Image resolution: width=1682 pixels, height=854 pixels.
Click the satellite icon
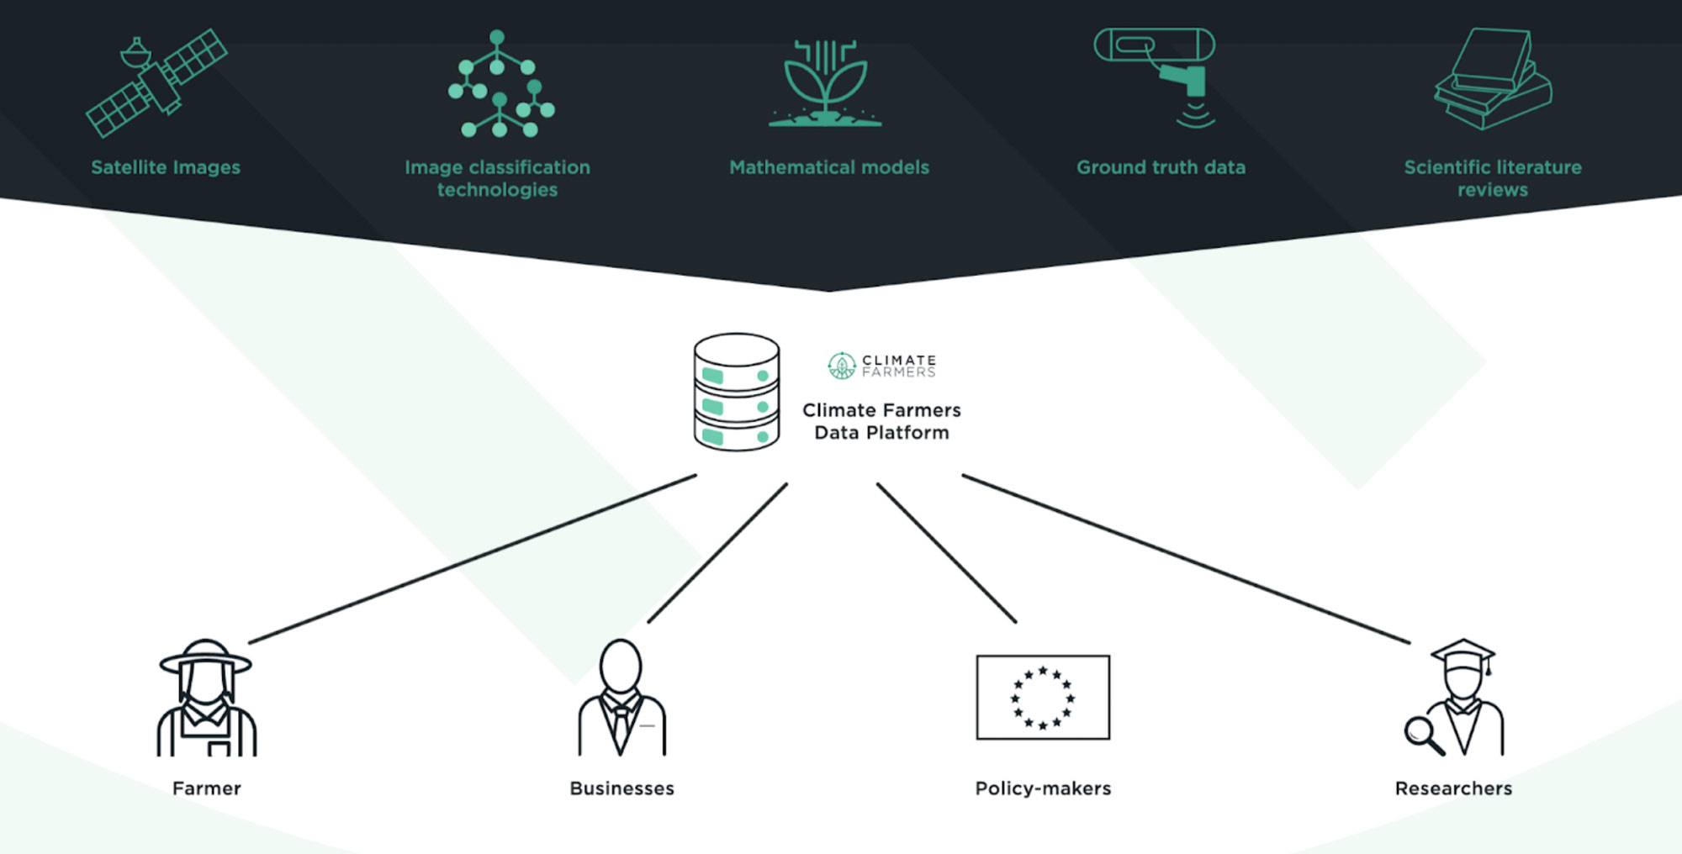[x=156, y=83]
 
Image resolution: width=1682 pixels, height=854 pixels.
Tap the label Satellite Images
[x=166, y=167]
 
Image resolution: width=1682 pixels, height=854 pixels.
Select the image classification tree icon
[x=500, y=84]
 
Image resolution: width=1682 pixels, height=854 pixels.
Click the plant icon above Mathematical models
[x=826, y=84]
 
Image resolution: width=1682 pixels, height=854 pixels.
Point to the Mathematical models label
[x=829, y=167]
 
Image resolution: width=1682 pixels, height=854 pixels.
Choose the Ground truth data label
[x=1161, y=167]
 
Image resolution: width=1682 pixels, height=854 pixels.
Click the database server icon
[x=737, y=392]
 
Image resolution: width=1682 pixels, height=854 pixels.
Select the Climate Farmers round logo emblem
[x=841, y=366]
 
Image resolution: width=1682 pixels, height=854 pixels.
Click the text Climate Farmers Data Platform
[x=881, y=421]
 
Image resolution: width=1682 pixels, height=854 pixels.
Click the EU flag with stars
[x=1043, y=698]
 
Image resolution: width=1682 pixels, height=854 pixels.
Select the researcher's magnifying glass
[x=1420, y=732]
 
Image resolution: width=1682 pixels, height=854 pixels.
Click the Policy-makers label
[x=1043, y=788]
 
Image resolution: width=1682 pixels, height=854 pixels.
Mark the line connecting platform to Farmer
[x=473, y=559]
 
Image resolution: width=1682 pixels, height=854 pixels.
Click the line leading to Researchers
[x=1186, y=559]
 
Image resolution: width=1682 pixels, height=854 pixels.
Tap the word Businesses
[x=621, y=788]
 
